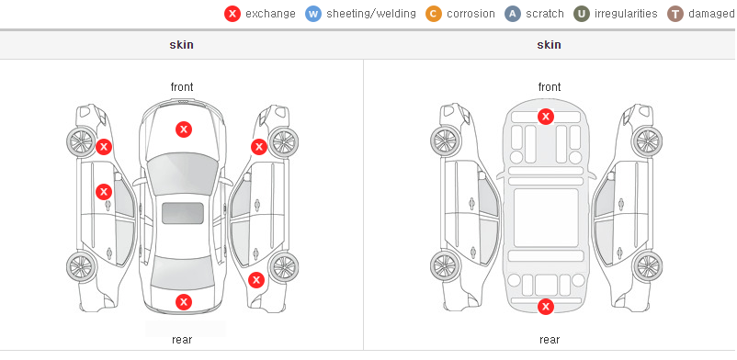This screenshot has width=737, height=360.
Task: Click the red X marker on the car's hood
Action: coord(184,129)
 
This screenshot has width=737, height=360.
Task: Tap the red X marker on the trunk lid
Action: coord(184,302)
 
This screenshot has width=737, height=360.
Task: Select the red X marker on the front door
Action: coord(104,192)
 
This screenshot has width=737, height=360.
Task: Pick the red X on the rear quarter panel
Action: coord(256,281)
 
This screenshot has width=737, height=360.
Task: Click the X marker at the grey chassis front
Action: coord(546,116)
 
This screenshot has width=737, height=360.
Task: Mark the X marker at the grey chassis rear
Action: coord(546,307)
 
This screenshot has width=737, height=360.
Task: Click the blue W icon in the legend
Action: coord(313,14)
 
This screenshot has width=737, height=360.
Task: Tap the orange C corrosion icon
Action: coord(434,14)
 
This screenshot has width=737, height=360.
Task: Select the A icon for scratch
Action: coord(513,14)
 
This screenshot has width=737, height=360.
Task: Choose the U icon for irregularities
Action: coord(582,14)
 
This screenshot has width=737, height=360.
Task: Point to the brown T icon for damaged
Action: coord(675,14)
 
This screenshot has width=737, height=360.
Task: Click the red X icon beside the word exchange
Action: coord(232,14)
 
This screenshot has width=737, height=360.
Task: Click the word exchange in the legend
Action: coord(270,14)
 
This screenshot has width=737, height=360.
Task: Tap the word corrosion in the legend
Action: coord(471,14)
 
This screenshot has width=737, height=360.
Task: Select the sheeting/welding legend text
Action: coord(371,14)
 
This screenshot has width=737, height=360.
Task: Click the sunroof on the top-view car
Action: coord(183,213)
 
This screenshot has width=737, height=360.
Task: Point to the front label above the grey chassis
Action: coord(550,87)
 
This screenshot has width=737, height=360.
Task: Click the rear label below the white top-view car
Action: coord(182,340)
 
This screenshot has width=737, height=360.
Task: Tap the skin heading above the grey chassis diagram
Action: coord(549,45)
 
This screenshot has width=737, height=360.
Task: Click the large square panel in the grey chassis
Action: coord(546,218)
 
